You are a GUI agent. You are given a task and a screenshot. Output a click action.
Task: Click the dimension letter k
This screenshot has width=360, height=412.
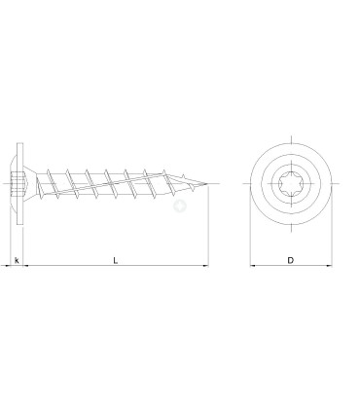pos(17,260)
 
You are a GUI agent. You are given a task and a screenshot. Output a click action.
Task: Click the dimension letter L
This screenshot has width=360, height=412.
pos(115,260)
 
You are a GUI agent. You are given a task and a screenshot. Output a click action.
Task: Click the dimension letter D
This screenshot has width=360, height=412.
pos(291,260)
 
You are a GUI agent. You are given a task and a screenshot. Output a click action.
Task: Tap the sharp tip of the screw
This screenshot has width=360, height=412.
pos(207,184)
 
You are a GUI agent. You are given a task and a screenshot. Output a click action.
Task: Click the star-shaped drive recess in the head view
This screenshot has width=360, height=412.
pos(291,183)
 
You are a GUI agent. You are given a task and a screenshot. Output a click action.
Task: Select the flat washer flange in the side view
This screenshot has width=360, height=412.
pos(20,184)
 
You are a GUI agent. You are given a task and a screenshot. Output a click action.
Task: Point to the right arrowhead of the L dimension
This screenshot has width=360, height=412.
pos(205,266)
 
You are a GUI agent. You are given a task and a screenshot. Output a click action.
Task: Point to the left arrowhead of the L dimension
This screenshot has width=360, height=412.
pos(26,266)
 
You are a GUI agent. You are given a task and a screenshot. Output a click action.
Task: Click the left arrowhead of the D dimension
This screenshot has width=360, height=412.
pos(253,266)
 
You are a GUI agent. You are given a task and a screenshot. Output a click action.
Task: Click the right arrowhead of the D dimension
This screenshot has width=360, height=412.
pos(329,266)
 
